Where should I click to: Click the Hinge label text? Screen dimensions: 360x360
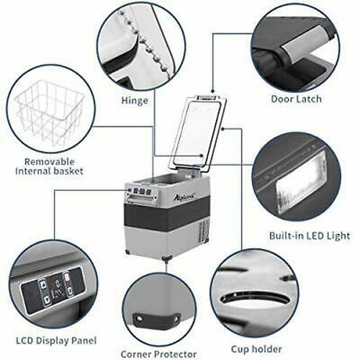pos(135,101)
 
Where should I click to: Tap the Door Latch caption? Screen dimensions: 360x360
pos(296,99)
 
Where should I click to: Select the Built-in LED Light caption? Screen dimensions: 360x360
pos(310,235)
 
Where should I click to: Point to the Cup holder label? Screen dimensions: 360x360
pos(256,349)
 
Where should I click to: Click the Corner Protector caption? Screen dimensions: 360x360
pos(158,354)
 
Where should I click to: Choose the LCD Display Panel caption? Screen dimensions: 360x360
pos(56,341)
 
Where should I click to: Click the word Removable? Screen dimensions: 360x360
pos(50,161)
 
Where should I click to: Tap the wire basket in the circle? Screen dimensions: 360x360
pos(50,112)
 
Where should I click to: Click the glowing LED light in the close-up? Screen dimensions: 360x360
pos(300,189)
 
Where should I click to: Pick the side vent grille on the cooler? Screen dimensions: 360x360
pos(204,233)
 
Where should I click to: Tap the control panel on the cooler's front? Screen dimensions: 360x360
pos(142,192)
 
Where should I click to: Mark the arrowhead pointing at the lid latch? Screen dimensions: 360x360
pos(212,91)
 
